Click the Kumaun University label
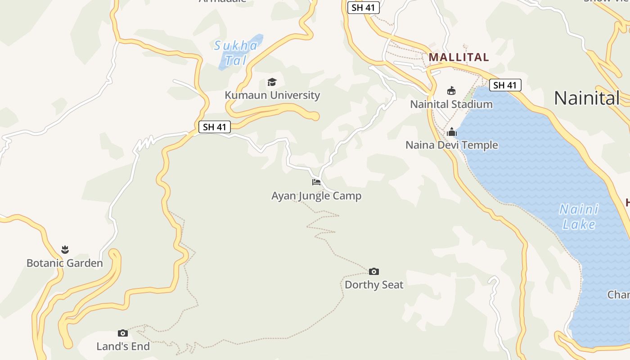[272, 95]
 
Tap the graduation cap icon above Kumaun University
[272, 82]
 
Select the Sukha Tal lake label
[236, 53]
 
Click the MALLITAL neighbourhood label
[459, 57]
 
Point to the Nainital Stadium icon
[451, 91]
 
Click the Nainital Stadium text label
[451, 104]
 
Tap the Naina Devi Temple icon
[452, 132]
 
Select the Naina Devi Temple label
[452, 145]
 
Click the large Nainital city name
[586, 98]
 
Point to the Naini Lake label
[579, 216]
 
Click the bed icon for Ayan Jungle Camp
[316, 182]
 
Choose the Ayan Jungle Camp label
[316, 196]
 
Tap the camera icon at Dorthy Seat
[374, 271]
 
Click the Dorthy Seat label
[374, 285]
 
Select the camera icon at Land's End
[123, 333]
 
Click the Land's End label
[123, 346]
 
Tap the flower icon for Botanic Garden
[65, 249]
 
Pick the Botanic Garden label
[65, 263]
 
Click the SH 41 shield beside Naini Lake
[505, 85]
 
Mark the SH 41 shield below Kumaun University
[215, 127]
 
